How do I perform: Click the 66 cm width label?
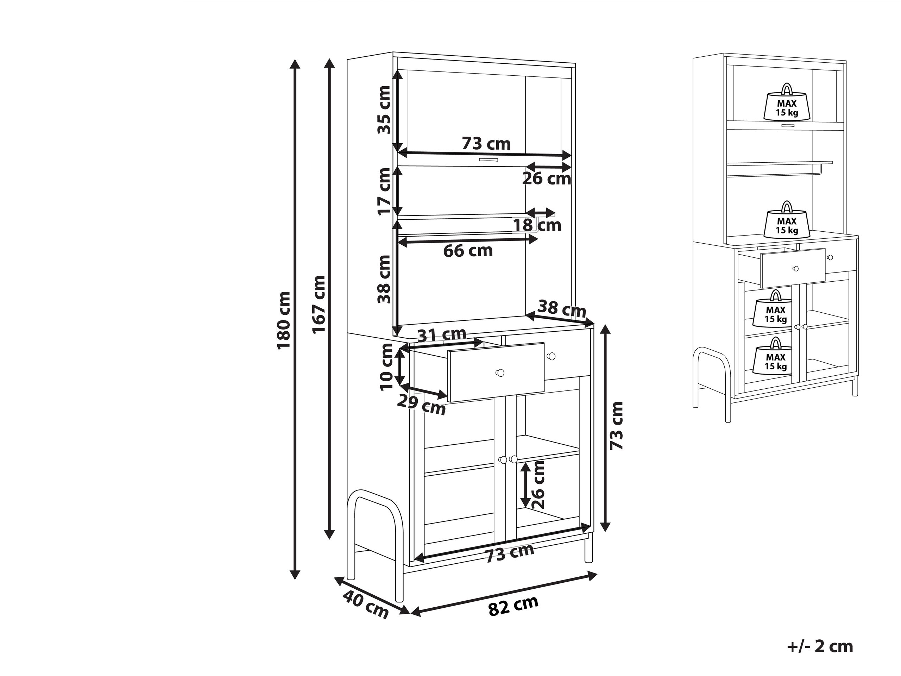click(468, 251)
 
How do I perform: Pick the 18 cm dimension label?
click(537, 225)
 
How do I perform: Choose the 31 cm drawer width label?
click(442, 334)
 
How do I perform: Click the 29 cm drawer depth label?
click(421, 405)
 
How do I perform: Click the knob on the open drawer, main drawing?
click(500, 373)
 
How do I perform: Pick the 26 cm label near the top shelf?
click(547, 179)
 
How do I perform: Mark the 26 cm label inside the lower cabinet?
click(538, 484)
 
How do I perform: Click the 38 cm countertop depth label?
click(562, 309)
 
